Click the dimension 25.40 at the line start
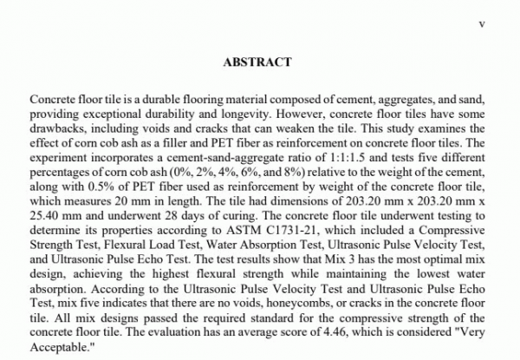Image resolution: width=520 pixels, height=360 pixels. [x=44, y=209]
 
